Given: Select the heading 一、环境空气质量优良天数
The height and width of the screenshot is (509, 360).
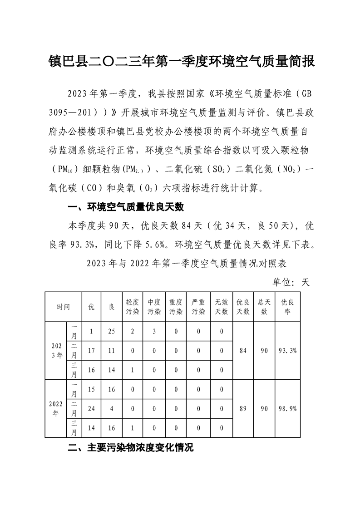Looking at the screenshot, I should point(125,207).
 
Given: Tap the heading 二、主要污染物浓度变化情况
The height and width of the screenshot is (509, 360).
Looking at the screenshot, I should point(131,448).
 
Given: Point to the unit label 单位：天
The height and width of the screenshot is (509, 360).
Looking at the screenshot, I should point(291,282).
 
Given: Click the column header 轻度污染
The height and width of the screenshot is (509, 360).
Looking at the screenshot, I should point(133,307).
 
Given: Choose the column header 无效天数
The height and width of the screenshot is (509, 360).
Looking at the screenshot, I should point(221,307).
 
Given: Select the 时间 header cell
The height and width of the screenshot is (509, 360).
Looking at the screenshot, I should point(63,307).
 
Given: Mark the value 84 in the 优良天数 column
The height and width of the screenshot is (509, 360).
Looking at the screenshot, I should point(243,351).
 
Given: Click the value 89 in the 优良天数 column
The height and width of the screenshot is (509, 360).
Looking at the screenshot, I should point(243,409).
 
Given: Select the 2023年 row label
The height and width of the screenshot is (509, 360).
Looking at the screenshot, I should point(56,351).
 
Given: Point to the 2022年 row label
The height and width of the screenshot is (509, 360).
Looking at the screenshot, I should point(56,409).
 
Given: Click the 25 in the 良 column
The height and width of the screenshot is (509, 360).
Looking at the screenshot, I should point(111,332).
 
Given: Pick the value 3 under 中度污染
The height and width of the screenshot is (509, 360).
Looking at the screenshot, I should point(154,332).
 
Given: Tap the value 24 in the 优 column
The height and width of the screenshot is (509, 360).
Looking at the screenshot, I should point(91,409).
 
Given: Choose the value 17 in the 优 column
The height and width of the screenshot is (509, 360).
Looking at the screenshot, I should point(91,351).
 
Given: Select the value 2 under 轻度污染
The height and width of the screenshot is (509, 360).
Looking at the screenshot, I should point(133,332).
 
